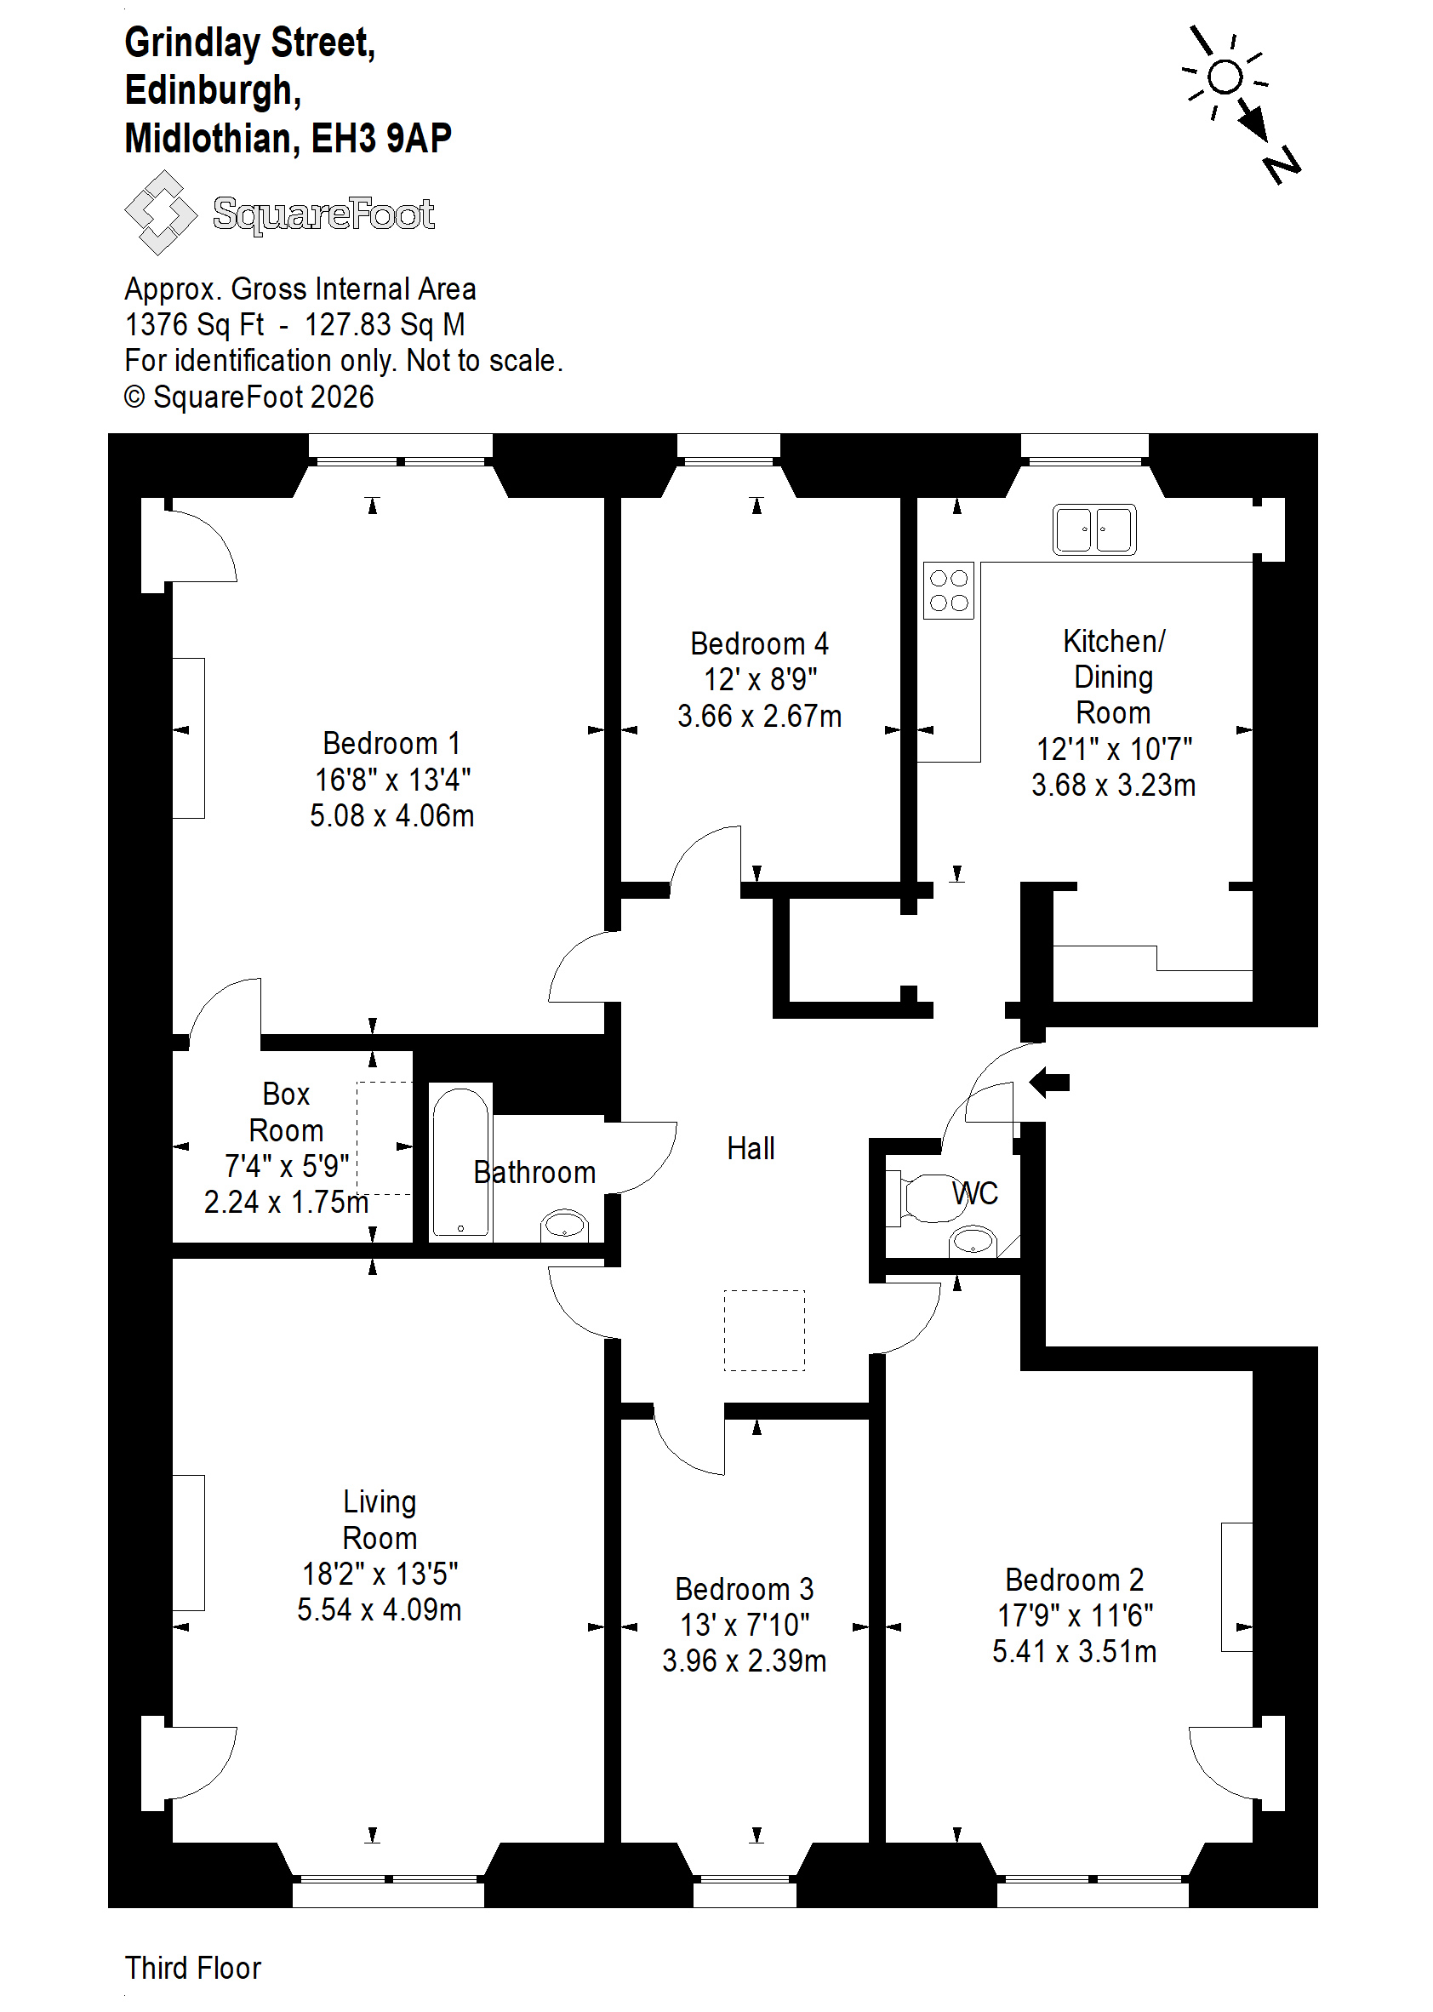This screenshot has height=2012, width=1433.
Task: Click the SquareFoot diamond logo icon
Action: pyautogui.click(x=161, y=213)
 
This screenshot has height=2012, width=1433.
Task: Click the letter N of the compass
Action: pyautogui.click(x=1282, y=165)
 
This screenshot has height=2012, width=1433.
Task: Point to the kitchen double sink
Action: pyautogui.click(x=1094, y=529)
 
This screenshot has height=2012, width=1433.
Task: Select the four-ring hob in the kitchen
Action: pyautogui.click(x=949, y=591)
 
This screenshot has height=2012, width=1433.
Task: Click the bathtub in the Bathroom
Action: pyautogui.click(x=460, y=1161)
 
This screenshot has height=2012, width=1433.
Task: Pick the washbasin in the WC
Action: pyautogui.click(x=973, y=1241)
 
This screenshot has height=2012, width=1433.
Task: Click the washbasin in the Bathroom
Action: pyautogui.click(x=565, y=1225)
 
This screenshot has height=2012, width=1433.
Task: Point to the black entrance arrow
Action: pyautogui.click(x=1049, y=1082)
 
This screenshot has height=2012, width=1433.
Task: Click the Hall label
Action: pyautogui.click(x=751, y=1148)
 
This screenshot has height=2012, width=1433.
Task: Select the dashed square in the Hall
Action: pyautogui.click(x=764, y=1331)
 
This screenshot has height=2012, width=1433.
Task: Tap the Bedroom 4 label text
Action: pyautogui.click(x=760, y=643)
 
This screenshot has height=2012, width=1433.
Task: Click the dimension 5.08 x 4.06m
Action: pyautogui.click(x=391, y=815)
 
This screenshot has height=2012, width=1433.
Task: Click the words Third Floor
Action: pyautogui.click(x=193, y=1967)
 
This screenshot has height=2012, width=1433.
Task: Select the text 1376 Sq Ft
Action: pyautogui.click(x=194, y=325)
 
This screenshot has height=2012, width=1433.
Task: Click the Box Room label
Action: pyautogui.click(x=286, y=1112)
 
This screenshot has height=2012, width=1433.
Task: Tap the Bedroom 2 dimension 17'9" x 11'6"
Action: pyautogui.click(x=1075, y=1615)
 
